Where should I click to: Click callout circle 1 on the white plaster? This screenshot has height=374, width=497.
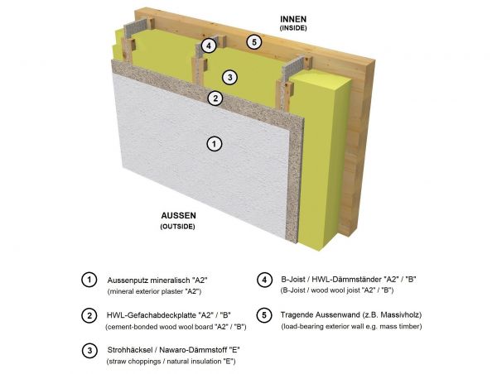pos(215,144)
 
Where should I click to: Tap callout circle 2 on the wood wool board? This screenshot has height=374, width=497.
pos(215,98)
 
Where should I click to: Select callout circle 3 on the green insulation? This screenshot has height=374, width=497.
pos(229,77)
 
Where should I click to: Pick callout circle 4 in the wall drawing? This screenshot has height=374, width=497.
pos(209,46)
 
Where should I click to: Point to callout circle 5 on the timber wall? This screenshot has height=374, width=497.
pos(254,42)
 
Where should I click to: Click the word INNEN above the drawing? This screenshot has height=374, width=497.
pos(293,19)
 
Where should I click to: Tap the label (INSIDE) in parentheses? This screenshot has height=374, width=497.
pos(293,28)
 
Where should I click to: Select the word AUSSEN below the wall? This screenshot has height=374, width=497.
pos(178,216)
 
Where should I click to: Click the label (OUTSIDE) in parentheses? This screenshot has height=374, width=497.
pos(177,227)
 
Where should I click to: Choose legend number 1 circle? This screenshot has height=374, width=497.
pos(89,280)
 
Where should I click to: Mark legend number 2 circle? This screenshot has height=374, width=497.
pos(89,315)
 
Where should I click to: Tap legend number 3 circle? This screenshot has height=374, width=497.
pos(89,351)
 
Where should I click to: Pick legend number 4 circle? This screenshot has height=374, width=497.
pos(264,280)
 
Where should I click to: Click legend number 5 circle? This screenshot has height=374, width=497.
pos(264,315)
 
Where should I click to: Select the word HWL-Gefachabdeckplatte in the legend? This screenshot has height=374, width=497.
pos(152,315)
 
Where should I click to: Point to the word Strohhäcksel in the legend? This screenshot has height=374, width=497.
pos(129,350)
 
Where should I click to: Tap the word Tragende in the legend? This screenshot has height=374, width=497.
pos(297,315)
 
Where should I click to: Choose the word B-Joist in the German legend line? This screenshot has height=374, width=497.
pos(293,280)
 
